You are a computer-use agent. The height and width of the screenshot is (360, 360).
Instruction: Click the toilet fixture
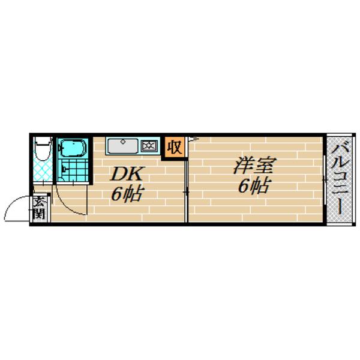[x=43, y=149]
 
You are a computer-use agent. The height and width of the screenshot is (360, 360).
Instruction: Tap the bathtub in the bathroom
[x=73, y=148]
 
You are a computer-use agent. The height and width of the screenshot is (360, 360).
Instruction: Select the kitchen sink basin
[x=123, y=146]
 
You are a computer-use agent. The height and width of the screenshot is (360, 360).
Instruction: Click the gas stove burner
[x=149, y=146]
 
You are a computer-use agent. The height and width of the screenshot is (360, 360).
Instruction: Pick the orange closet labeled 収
[x=175, y=147]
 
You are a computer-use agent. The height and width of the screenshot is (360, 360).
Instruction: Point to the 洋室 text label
[x=255, y=165]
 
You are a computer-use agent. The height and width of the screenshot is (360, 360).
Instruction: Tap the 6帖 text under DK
[x=127, y=194]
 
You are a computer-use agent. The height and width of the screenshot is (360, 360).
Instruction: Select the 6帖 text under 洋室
[x=254, y=185]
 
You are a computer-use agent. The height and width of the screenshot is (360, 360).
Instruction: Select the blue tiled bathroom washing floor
[x=73, y=170]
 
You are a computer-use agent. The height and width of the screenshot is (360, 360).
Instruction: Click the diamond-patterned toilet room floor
[x=43, y=170]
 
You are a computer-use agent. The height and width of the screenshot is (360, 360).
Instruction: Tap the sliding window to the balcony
[x=325, y=180]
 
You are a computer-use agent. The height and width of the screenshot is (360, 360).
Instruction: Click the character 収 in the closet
[x=175, y=147]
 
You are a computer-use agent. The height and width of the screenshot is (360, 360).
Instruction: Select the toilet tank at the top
[x=43, y=140]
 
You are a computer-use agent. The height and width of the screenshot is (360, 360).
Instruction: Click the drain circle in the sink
[x=123, y=141]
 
